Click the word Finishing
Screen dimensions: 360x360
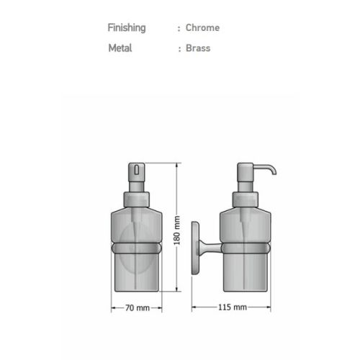pyautogui.click(x=127, y=28)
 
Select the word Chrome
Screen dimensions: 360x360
pyautogui.click(x=202, y=27)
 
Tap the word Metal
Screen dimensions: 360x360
pyautogui.click(x=120, y=48)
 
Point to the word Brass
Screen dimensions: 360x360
pyautogui.click(x=198, y=48)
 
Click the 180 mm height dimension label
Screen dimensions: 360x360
pyautogui.click(x=177, y=230)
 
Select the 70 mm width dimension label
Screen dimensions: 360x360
pyautogui.click(x=138, y=307)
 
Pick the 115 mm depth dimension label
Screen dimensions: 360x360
pyautogui.click(x=233, y=307)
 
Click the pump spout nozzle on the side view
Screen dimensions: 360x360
pyautogui.click(x=265, y=168)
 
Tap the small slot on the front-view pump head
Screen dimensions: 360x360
pyautogui.click(x=137, y=169)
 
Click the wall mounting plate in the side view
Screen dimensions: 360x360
pyautogui.click(x=195, y=248)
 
